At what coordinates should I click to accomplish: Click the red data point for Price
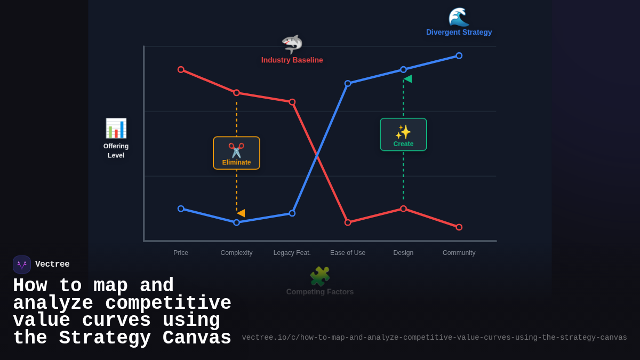tap(181, 70)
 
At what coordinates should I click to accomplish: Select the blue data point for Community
tap(459, 56)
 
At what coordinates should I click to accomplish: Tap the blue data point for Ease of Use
tap(348, 84)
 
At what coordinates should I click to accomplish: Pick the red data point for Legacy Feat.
tap(292, 102)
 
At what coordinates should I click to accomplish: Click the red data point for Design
tap(403, 209)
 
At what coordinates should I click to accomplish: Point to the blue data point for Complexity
tap(236, 222)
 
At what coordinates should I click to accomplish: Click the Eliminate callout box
tap(236, 153)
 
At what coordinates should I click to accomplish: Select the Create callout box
tap(403, 134)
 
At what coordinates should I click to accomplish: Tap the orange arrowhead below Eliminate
tap(241, 213)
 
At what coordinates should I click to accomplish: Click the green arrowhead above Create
tap(407, 79)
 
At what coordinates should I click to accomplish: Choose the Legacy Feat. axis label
tap(292, 253)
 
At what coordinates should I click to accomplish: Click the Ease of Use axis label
tap(348, 253)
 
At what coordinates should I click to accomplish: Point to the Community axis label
tap(459, 253)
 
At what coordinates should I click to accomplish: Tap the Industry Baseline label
tap(292, 60)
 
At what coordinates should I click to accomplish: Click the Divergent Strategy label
tap(459, 33)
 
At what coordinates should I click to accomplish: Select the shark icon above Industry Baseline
tap(292, 44)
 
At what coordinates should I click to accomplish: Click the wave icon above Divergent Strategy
tap(459, 17)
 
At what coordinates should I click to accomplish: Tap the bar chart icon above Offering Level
tap(116, 129)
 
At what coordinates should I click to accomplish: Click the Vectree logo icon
tap(22, 265)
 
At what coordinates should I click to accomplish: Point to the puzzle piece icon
tap(320, 276)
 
